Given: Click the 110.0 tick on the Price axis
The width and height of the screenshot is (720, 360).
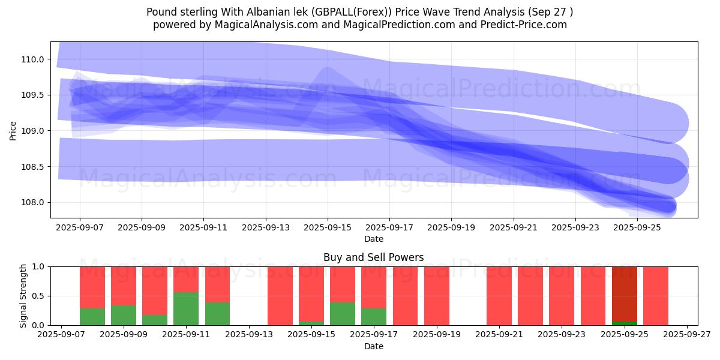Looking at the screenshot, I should click(x=33, y=59).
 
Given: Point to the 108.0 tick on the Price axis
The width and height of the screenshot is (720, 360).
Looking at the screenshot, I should click(x=33, y=203).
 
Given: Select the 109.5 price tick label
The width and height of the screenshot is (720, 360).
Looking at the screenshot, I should click(x=33, y=95).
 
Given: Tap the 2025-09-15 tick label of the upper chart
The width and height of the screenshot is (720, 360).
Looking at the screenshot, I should click(x=328, y=228).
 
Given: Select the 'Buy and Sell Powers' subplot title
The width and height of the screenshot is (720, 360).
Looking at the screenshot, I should click(x=373, y=257).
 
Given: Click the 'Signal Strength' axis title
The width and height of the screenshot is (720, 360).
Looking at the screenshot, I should click(x=23, y=296).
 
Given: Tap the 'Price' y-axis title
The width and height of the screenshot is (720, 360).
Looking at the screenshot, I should click(x=13, y=131).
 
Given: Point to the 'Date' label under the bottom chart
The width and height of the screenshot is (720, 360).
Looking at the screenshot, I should click(x=373, y=346).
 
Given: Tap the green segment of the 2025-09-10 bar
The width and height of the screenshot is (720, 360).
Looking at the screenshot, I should click(x=155, y=320).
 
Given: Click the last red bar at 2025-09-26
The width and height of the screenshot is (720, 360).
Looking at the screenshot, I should click(x=656, y=296).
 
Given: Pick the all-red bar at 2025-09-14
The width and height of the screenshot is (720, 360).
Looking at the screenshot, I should click(x=280, y=296).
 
